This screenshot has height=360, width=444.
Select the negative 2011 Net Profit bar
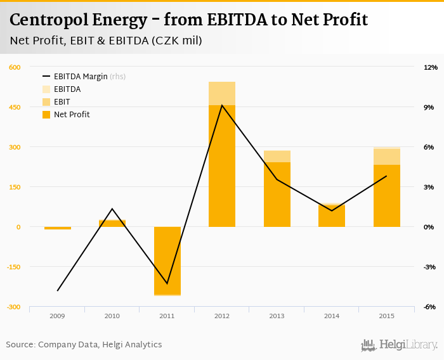pos(167,260)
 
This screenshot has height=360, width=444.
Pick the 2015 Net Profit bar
pos(386,196)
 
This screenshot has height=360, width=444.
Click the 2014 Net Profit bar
pos(332,216)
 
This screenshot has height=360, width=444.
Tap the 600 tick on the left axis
pos(15,67)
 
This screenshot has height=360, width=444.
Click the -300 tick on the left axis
pos(14,307)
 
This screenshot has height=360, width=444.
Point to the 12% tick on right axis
pos(430,67)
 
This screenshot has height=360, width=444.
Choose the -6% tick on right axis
pos(430,307)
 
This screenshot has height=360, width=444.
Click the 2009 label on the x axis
pos(58,316)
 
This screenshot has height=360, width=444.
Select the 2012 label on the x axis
pos(222,316)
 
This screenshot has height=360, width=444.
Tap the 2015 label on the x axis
pos(386,316)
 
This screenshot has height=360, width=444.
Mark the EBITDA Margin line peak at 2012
pos(222,105)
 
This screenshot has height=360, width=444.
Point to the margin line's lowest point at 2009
pos(58,290)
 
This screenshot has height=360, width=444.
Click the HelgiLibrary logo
pos(400,345)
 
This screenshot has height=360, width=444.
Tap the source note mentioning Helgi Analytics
pos(84,345)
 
